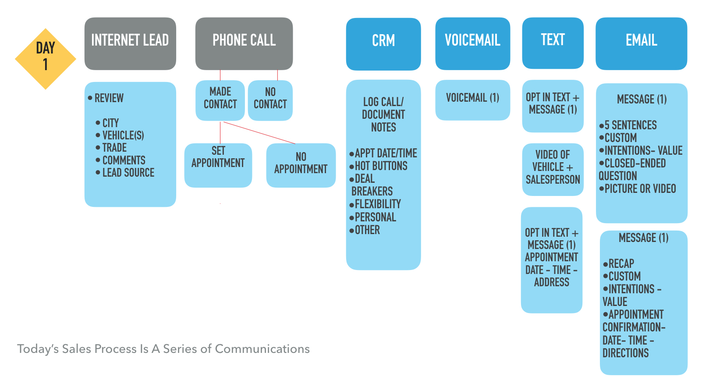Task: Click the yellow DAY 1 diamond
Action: [46, 59]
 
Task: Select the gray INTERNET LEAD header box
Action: [130, 44]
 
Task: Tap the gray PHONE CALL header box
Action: [244, 44]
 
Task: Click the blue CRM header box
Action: [383, 44]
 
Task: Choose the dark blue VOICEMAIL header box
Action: [472, 43]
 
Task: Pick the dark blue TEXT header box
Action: [553, 43]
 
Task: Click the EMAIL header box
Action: [641, 43]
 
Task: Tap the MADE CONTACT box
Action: [220, 100]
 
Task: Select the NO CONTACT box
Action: [270, 100]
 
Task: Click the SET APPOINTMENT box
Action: [218, 165]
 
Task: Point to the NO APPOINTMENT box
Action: [301, 165]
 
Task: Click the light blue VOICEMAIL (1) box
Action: [472, 100]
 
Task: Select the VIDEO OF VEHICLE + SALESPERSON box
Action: [553, 170]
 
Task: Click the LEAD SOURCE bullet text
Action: [128, 173]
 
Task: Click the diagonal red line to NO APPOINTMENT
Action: [259, 133]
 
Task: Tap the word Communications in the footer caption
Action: [262, 349]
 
